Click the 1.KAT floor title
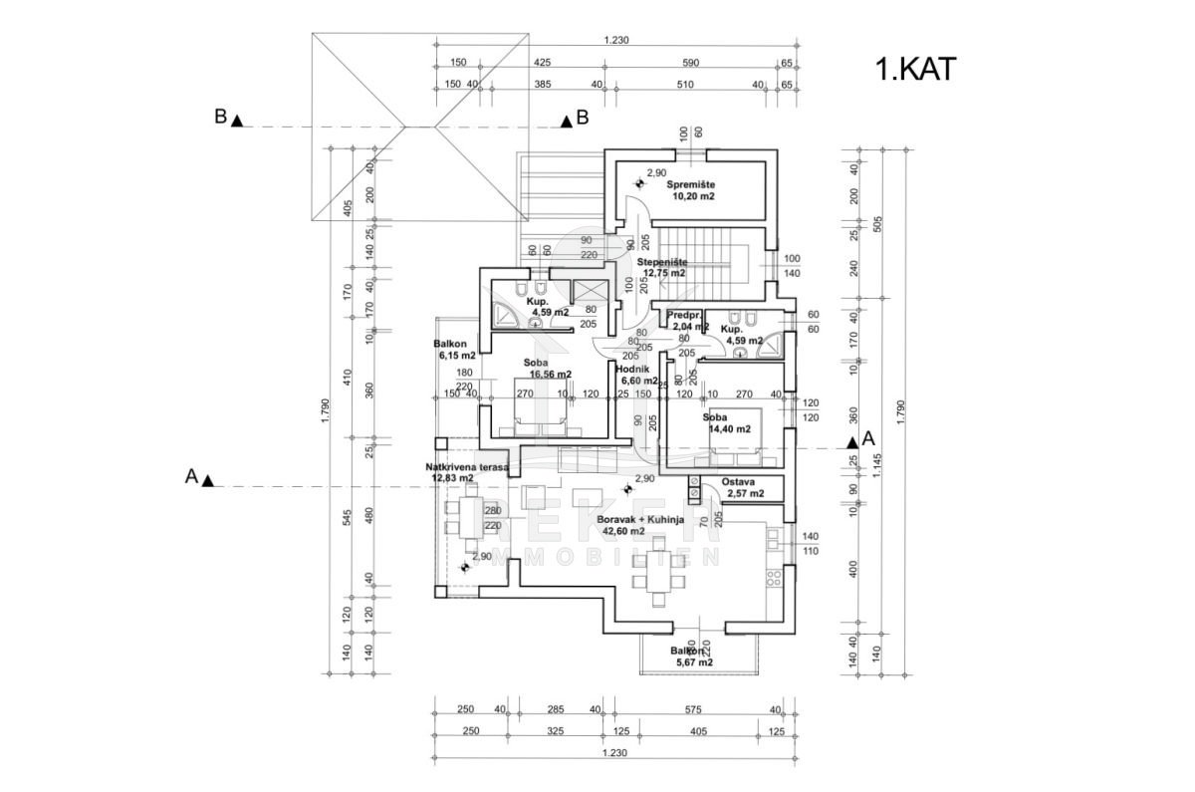[x=915, y=70]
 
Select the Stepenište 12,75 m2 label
[x=664, y=267]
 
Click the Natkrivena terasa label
[x=466, y=471]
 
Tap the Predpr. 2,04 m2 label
[x=688, y=321]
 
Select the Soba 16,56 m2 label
[x=544, y=369]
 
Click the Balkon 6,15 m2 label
[x=454, y=348]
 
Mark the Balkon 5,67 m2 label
[x=693, y=656]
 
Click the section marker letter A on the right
[x=867, y=438]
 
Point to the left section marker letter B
[x=220, y=118]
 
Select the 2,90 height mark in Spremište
[x=656, y=173]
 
